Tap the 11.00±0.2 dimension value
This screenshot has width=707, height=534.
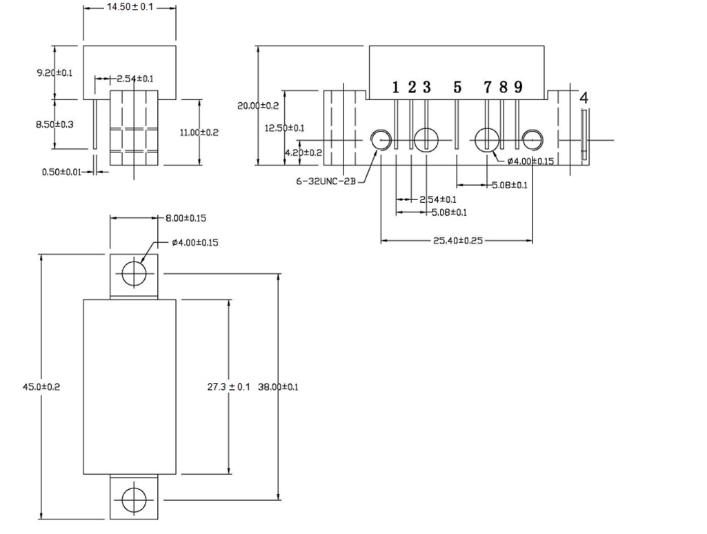199,132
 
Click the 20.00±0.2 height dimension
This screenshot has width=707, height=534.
258,106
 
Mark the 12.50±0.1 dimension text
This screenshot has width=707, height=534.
285,128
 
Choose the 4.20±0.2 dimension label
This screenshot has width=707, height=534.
303,152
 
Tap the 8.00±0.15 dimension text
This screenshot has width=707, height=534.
186,218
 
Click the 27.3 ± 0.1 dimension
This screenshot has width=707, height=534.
228,387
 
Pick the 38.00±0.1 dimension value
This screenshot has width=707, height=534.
278,387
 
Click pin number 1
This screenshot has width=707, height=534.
396,87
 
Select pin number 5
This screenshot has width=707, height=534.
457,87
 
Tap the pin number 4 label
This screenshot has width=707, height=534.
584,98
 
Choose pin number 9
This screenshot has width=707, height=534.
518,87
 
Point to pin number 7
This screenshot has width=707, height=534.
488,87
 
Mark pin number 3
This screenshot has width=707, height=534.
427,87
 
